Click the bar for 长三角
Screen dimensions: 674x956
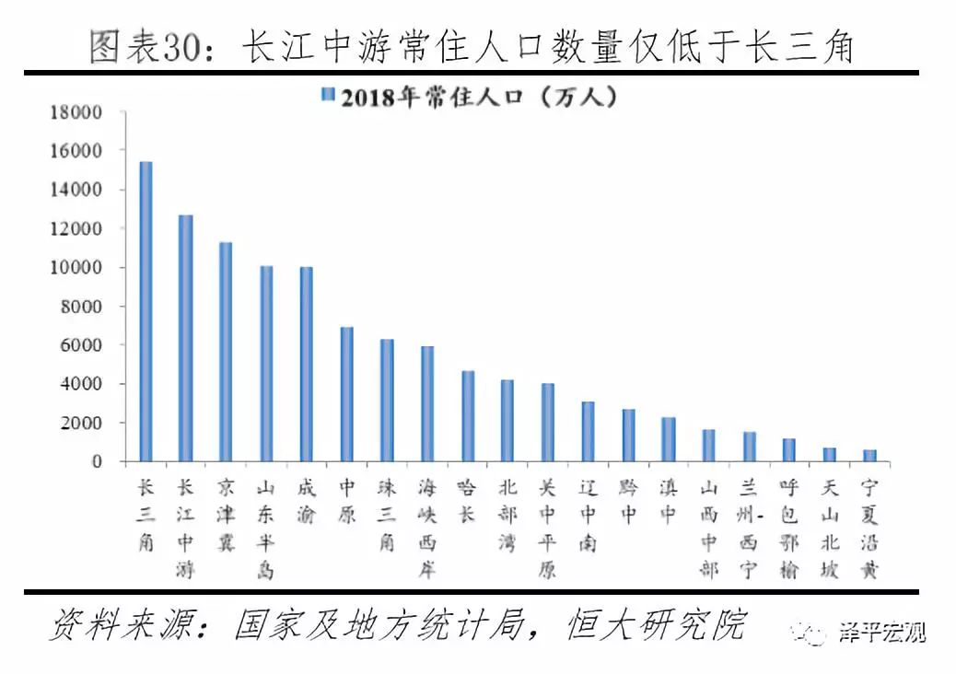coord(146,311)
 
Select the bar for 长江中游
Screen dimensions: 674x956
coord(186,338)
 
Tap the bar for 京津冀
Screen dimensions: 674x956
coord(226,352)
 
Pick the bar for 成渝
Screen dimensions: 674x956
coord(307,364)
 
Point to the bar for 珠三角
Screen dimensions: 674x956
coord(387,400)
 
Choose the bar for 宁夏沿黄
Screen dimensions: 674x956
coord(869,455)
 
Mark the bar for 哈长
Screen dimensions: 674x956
coord(468,415)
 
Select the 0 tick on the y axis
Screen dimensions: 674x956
coord(95,461)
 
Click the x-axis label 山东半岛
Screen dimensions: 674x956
coord(266,529)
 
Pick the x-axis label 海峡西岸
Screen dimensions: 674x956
coord(427,529)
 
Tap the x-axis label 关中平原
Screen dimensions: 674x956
coord(548,529)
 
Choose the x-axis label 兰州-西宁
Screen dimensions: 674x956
coord(749,529)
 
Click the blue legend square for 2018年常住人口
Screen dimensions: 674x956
coord(327,96)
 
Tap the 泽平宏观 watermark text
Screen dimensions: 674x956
coord(881,633)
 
